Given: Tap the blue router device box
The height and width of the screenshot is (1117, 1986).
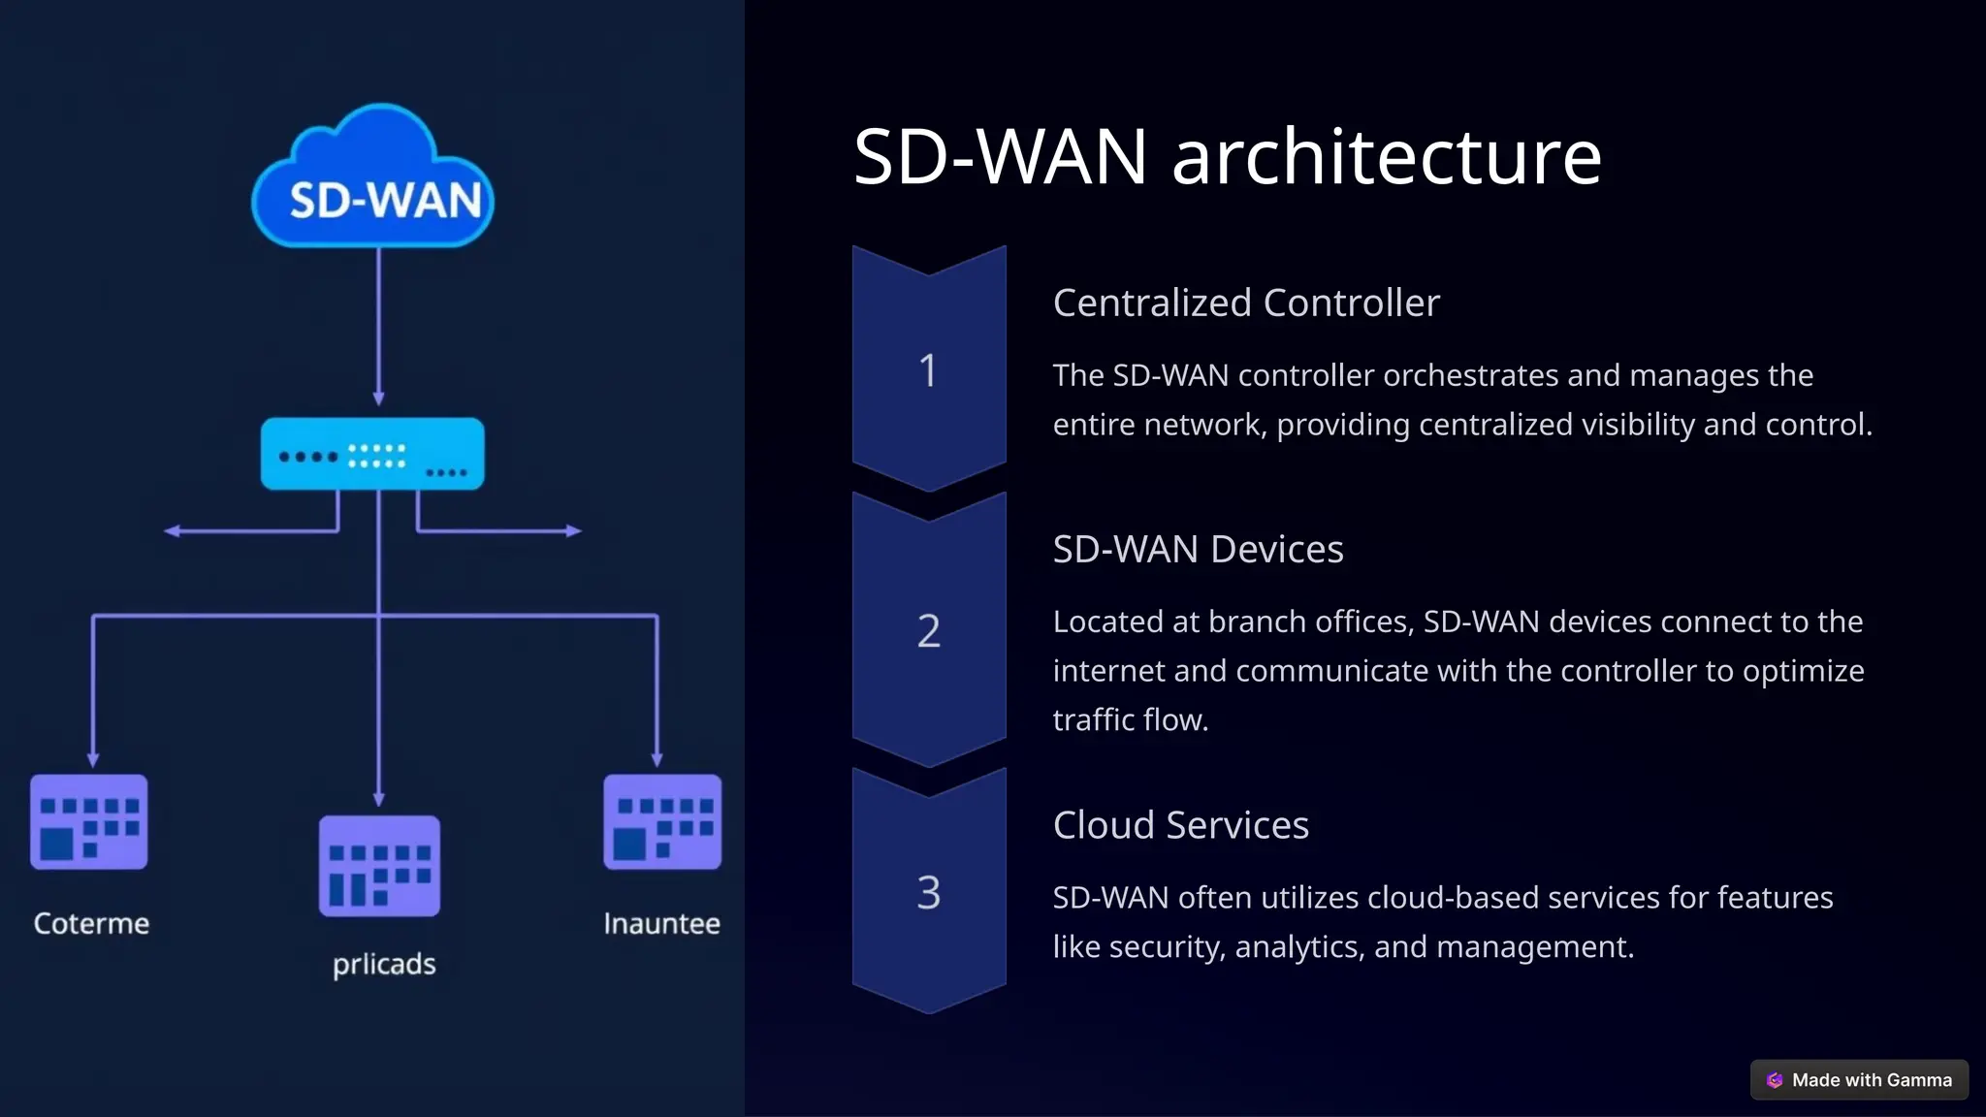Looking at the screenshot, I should (372, 454).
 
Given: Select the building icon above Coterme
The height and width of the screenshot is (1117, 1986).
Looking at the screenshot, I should (89, 821).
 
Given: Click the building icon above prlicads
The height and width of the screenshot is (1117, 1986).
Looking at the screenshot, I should (379, 865).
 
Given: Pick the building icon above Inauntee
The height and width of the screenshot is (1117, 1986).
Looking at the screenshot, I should (662, 821).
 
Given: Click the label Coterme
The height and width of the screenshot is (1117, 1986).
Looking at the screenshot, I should (91, 923).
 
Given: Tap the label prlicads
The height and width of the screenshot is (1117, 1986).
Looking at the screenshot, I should (384, 964).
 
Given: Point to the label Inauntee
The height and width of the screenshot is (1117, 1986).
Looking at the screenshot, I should (661, 923).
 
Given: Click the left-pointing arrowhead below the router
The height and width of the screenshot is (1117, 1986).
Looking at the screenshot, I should (172, 530).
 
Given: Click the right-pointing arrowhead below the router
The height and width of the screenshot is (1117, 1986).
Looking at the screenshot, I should (574, 530).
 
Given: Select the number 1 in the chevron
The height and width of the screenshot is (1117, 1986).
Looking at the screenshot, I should (928, 370).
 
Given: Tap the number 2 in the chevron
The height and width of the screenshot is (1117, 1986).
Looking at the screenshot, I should (928, 631).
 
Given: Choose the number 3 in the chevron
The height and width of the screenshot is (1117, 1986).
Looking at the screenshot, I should (928, 892).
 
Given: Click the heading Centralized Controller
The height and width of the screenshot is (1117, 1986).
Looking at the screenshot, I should (1246, 303).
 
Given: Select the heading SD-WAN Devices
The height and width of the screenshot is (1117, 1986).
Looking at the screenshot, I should (1198, 549).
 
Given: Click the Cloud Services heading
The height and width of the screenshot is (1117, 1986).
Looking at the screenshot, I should (1180, 825).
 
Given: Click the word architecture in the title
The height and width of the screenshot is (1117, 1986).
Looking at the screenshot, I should (1387, 157).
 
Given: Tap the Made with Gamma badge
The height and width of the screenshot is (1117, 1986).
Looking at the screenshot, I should (1859, 1079).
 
